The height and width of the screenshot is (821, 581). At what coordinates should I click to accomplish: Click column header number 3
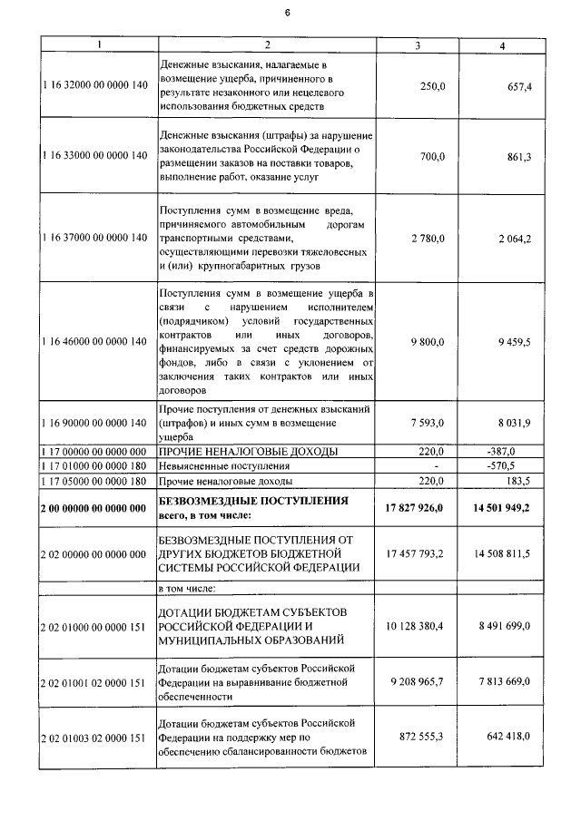click(x=417, y=45)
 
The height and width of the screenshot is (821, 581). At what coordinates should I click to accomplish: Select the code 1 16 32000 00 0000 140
click(x=94, y=84)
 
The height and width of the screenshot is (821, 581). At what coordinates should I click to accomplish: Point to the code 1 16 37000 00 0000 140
click(x=94, y=238)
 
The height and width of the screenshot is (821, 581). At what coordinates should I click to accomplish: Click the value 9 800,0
click(x=428, y=341)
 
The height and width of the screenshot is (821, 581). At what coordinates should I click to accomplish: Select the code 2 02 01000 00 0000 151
click(x=94, y=626)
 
